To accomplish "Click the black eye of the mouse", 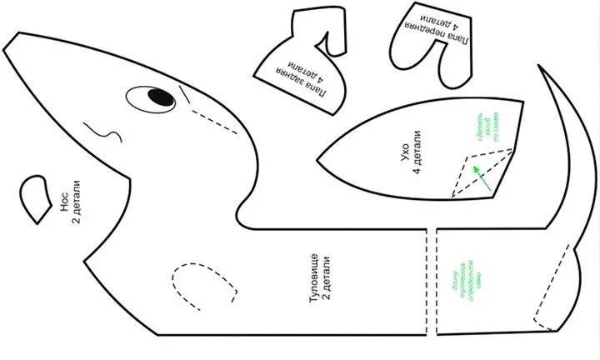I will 158,99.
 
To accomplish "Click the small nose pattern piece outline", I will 37,198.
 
